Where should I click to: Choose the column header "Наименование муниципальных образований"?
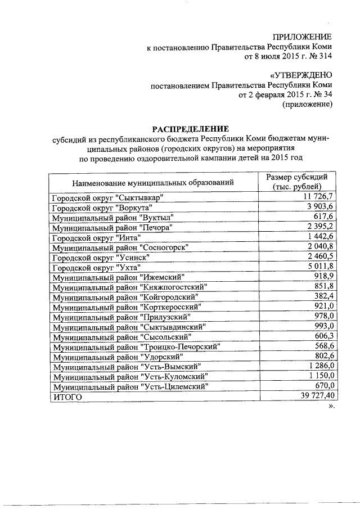[x=152, y=183]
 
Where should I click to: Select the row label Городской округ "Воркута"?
[x=99, y=207]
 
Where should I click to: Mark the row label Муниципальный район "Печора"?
[x=111, y=227]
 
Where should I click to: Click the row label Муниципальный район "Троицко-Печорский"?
[x=136, y=346]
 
